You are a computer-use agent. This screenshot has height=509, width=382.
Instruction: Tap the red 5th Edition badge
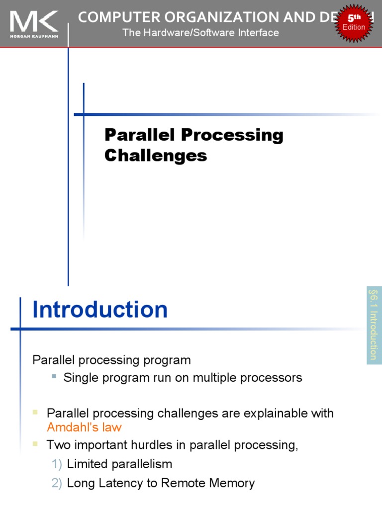354,23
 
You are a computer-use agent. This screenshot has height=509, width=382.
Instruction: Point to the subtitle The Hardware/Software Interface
200,33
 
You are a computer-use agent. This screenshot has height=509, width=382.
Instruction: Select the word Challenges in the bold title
155,156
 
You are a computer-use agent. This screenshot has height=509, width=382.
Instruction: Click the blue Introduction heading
100,310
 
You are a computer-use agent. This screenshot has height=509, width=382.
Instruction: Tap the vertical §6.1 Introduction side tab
374,325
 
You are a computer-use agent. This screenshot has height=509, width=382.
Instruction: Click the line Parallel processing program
111,360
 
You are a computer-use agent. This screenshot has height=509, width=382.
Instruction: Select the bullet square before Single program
54,377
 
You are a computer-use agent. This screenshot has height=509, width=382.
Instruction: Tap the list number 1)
57,464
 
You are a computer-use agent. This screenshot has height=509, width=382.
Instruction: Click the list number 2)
57,483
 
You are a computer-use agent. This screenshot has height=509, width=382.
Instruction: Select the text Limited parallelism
119,464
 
